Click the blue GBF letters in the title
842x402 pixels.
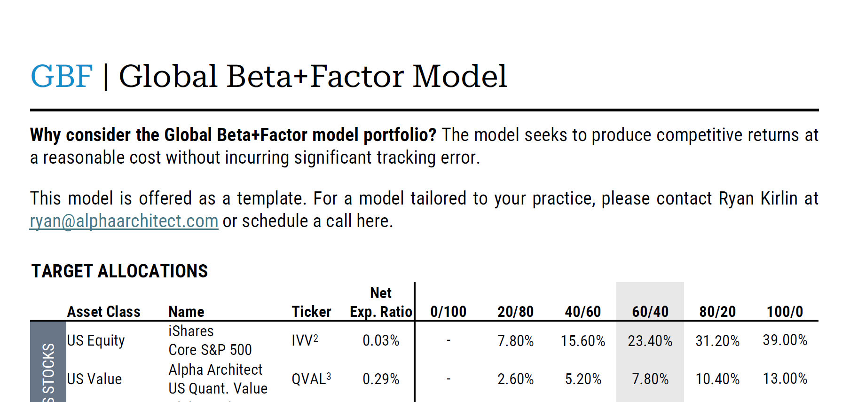(x=62, y=77)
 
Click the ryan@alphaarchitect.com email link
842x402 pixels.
(x=124, y=221)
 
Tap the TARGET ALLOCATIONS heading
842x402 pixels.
(x=119, y=271)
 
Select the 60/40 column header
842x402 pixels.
(x=650, y=312)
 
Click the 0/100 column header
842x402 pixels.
(x=448, y=312)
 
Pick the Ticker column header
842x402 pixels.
(x=311, y=312)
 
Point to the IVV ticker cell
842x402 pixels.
(x=305, y=340)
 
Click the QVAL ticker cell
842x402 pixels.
(x=311, y=378)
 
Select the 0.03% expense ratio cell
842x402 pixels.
(x=381, y=340)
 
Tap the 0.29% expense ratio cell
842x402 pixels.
(x=381, y=379)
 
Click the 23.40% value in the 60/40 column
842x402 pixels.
(x=650, y=341)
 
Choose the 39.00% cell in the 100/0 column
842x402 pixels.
(x=785, y=340)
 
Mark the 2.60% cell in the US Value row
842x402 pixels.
(x=516, y=379)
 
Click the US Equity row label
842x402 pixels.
(x=96, y=340)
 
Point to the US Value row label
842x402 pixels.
(x=94, y=379)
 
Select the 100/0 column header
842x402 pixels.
(x=785, y=312)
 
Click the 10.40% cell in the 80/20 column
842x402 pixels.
(x=717, y=379)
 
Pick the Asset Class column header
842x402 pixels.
(x=104, y=312)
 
